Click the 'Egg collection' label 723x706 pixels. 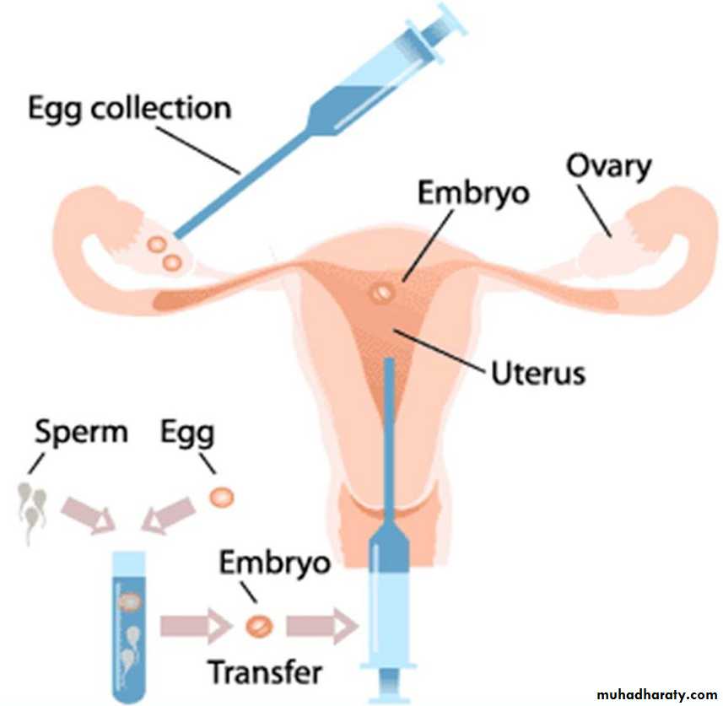[x=128, y=109]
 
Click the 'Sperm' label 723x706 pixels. [x=81, y=432]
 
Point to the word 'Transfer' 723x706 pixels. [x=265, y=673]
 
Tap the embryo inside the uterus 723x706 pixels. [x=381, y=292]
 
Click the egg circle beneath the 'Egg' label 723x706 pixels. [x=222, y=496]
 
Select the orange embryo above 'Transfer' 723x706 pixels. [x=259, y=626]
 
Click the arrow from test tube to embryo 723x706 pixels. [x=196, y=626]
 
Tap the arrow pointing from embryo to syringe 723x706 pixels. [x=321, y=626]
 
